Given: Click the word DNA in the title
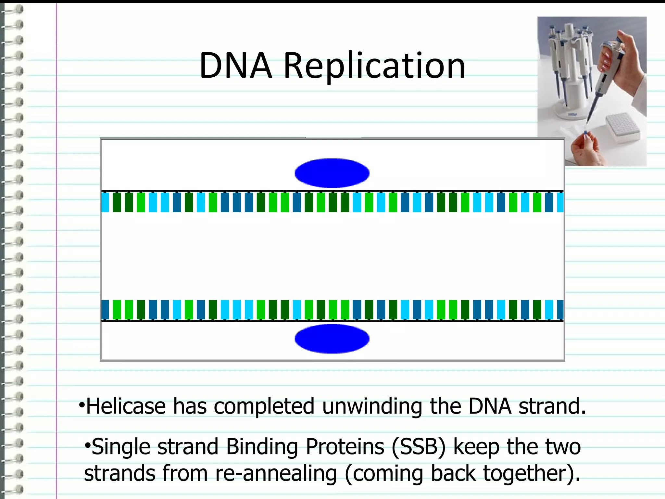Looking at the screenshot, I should pos(236,66).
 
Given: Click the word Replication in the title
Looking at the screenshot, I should pos(374,67).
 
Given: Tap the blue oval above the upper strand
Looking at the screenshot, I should pos(332,173).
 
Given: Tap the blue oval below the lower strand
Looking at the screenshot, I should pos(332,339).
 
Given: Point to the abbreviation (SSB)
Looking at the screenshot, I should pos(418,447).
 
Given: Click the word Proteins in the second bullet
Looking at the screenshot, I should pos(345,447).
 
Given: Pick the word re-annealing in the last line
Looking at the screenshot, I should pos(276,474).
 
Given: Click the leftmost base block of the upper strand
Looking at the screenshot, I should pos(105,202).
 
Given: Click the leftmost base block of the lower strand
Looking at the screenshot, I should pos(105,310).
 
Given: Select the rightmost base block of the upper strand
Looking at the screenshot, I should pos(560,202).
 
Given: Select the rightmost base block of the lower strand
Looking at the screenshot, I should pos(560,310).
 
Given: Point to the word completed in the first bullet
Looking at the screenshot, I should pos(264,407).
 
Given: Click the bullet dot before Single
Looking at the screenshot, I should pos(87,445).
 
